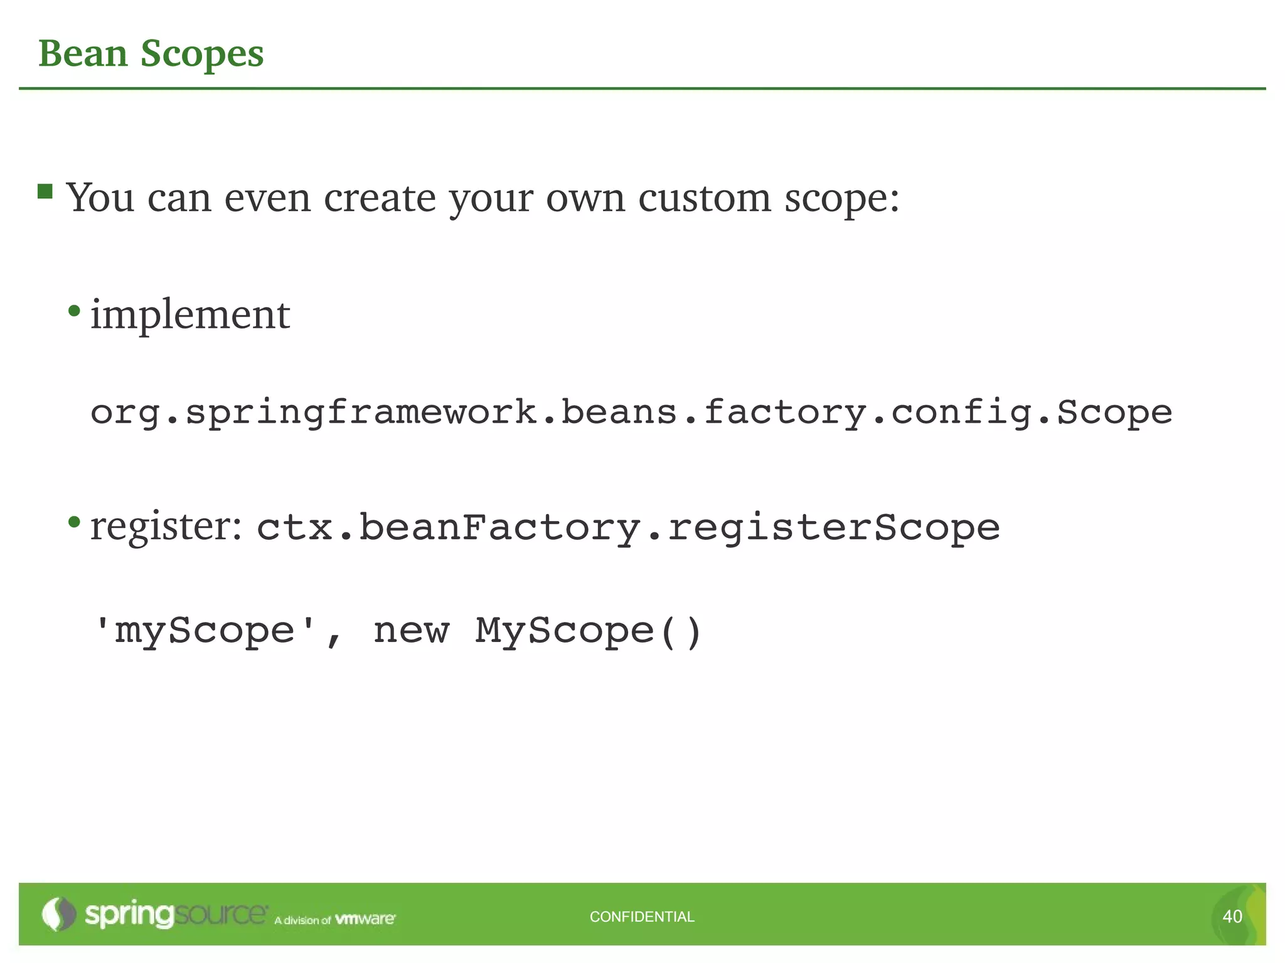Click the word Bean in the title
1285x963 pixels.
(83, 53)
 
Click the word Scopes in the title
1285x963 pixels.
(201, 55)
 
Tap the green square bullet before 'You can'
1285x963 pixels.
(45, 191)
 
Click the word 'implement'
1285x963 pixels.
(190, 315)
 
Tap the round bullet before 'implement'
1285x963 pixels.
(75, 310)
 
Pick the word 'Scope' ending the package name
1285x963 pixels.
(1114, 413)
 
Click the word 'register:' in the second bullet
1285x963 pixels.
(166, 527)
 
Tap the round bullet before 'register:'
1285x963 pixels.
(75, 522)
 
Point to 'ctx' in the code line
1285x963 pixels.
(294, 528)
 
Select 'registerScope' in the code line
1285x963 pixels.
(833, 528)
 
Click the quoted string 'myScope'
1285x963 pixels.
(204, 631)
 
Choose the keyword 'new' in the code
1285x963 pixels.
(412, 631)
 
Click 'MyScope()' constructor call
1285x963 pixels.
(588, 631)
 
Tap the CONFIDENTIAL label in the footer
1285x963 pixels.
(642, 917)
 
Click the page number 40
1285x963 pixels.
(1232, 917)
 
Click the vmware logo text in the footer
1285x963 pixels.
(365, 919)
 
